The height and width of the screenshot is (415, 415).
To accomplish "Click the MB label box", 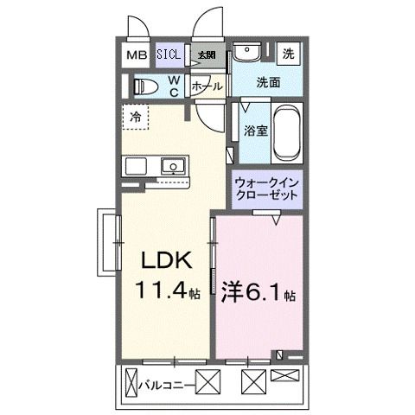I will click(x=137, y=55).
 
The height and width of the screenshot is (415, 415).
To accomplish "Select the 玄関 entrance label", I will click(x=206, y=55).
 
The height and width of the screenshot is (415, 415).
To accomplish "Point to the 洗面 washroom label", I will click(x=268, y=83).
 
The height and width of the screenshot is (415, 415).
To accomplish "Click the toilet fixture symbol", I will click(x=147, y=86).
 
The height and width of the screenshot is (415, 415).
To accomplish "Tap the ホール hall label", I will click(x=207, y=87).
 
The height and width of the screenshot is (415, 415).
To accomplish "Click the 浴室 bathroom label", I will click(x=255, y=133).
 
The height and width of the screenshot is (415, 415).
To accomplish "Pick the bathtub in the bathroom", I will click(x=286, y=134).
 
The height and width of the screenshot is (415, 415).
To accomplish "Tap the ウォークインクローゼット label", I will click(x=267, y=188).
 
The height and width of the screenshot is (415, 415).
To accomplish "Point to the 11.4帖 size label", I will click(x=167, y=292).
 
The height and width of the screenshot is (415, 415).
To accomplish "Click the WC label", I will click(x=174, y=86).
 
